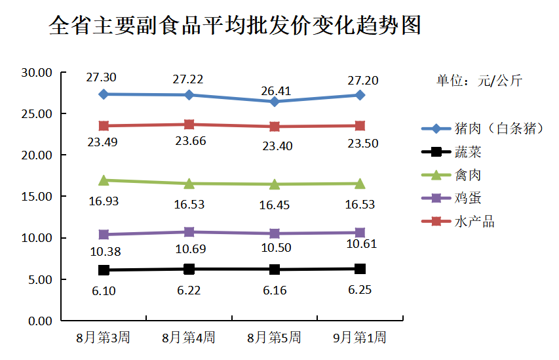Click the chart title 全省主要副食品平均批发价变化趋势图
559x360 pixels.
tap(235, 26)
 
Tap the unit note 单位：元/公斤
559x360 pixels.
tap(480, 81)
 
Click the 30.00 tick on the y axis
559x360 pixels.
tap(37, 72)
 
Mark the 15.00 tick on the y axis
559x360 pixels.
tap(37, 196)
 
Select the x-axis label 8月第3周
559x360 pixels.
tap(103, 338)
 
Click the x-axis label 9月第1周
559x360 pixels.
tap(360, 338)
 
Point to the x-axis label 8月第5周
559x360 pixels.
tap(274, 338)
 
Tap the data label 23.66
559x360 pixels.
tap(189, 140)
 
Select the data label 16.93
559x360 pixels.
tap(104, 201)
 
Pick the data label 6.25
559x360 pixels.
tap(360, 289)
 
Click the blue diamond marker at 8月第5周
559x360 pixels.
tap(275, 102)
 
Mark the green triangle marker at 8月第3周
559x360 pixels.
tap(104, 180)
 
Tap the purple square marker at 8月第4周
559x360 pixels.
tap(189, 231)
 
